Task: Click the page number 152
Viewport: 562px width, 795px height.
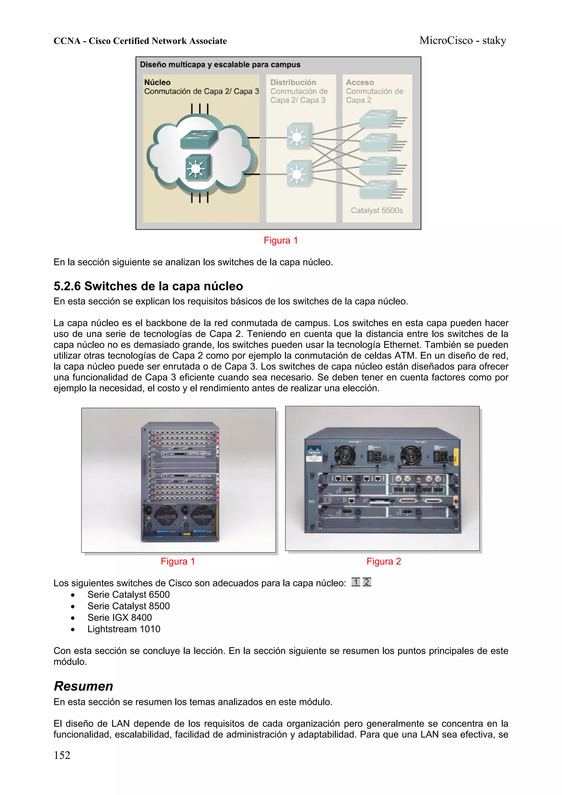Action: click(x=62, y=755)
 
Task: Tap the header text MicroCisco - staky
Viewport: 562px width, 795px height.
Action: click(x=463, y=41)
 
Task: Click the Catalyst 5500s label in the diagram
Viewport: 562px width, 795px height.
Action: click(x=377, y=210)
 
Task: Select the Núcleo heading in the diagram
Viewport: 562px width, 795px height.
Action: click(x=157, y=82)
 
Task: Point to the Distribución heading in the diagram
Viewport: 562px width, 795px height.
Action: click(x=293, y=82)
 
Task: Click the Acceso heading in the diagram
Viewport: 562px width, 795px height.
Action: click(x=360, y=82)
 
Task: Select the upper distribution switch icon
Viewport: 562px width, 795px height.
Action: click(x=298, y=137)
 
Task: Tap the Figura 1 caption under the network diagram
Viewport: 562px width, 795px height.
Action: click(x=280, y=240)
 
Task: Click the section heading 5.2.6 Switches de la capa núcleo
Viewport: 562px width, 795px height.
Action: click(x=148, y=286)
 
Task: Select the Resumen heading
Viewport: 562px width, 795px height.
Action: click(x=83, y=686)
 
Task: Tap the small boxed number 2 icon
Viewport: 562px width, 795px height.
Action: click(x=367, y=582)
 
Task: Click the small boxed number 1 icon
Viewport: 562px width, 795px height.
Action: click(x=356, y=582)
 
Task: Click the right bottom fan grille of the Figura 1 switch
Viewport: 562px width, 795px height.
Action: click(x=203, y=515)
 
